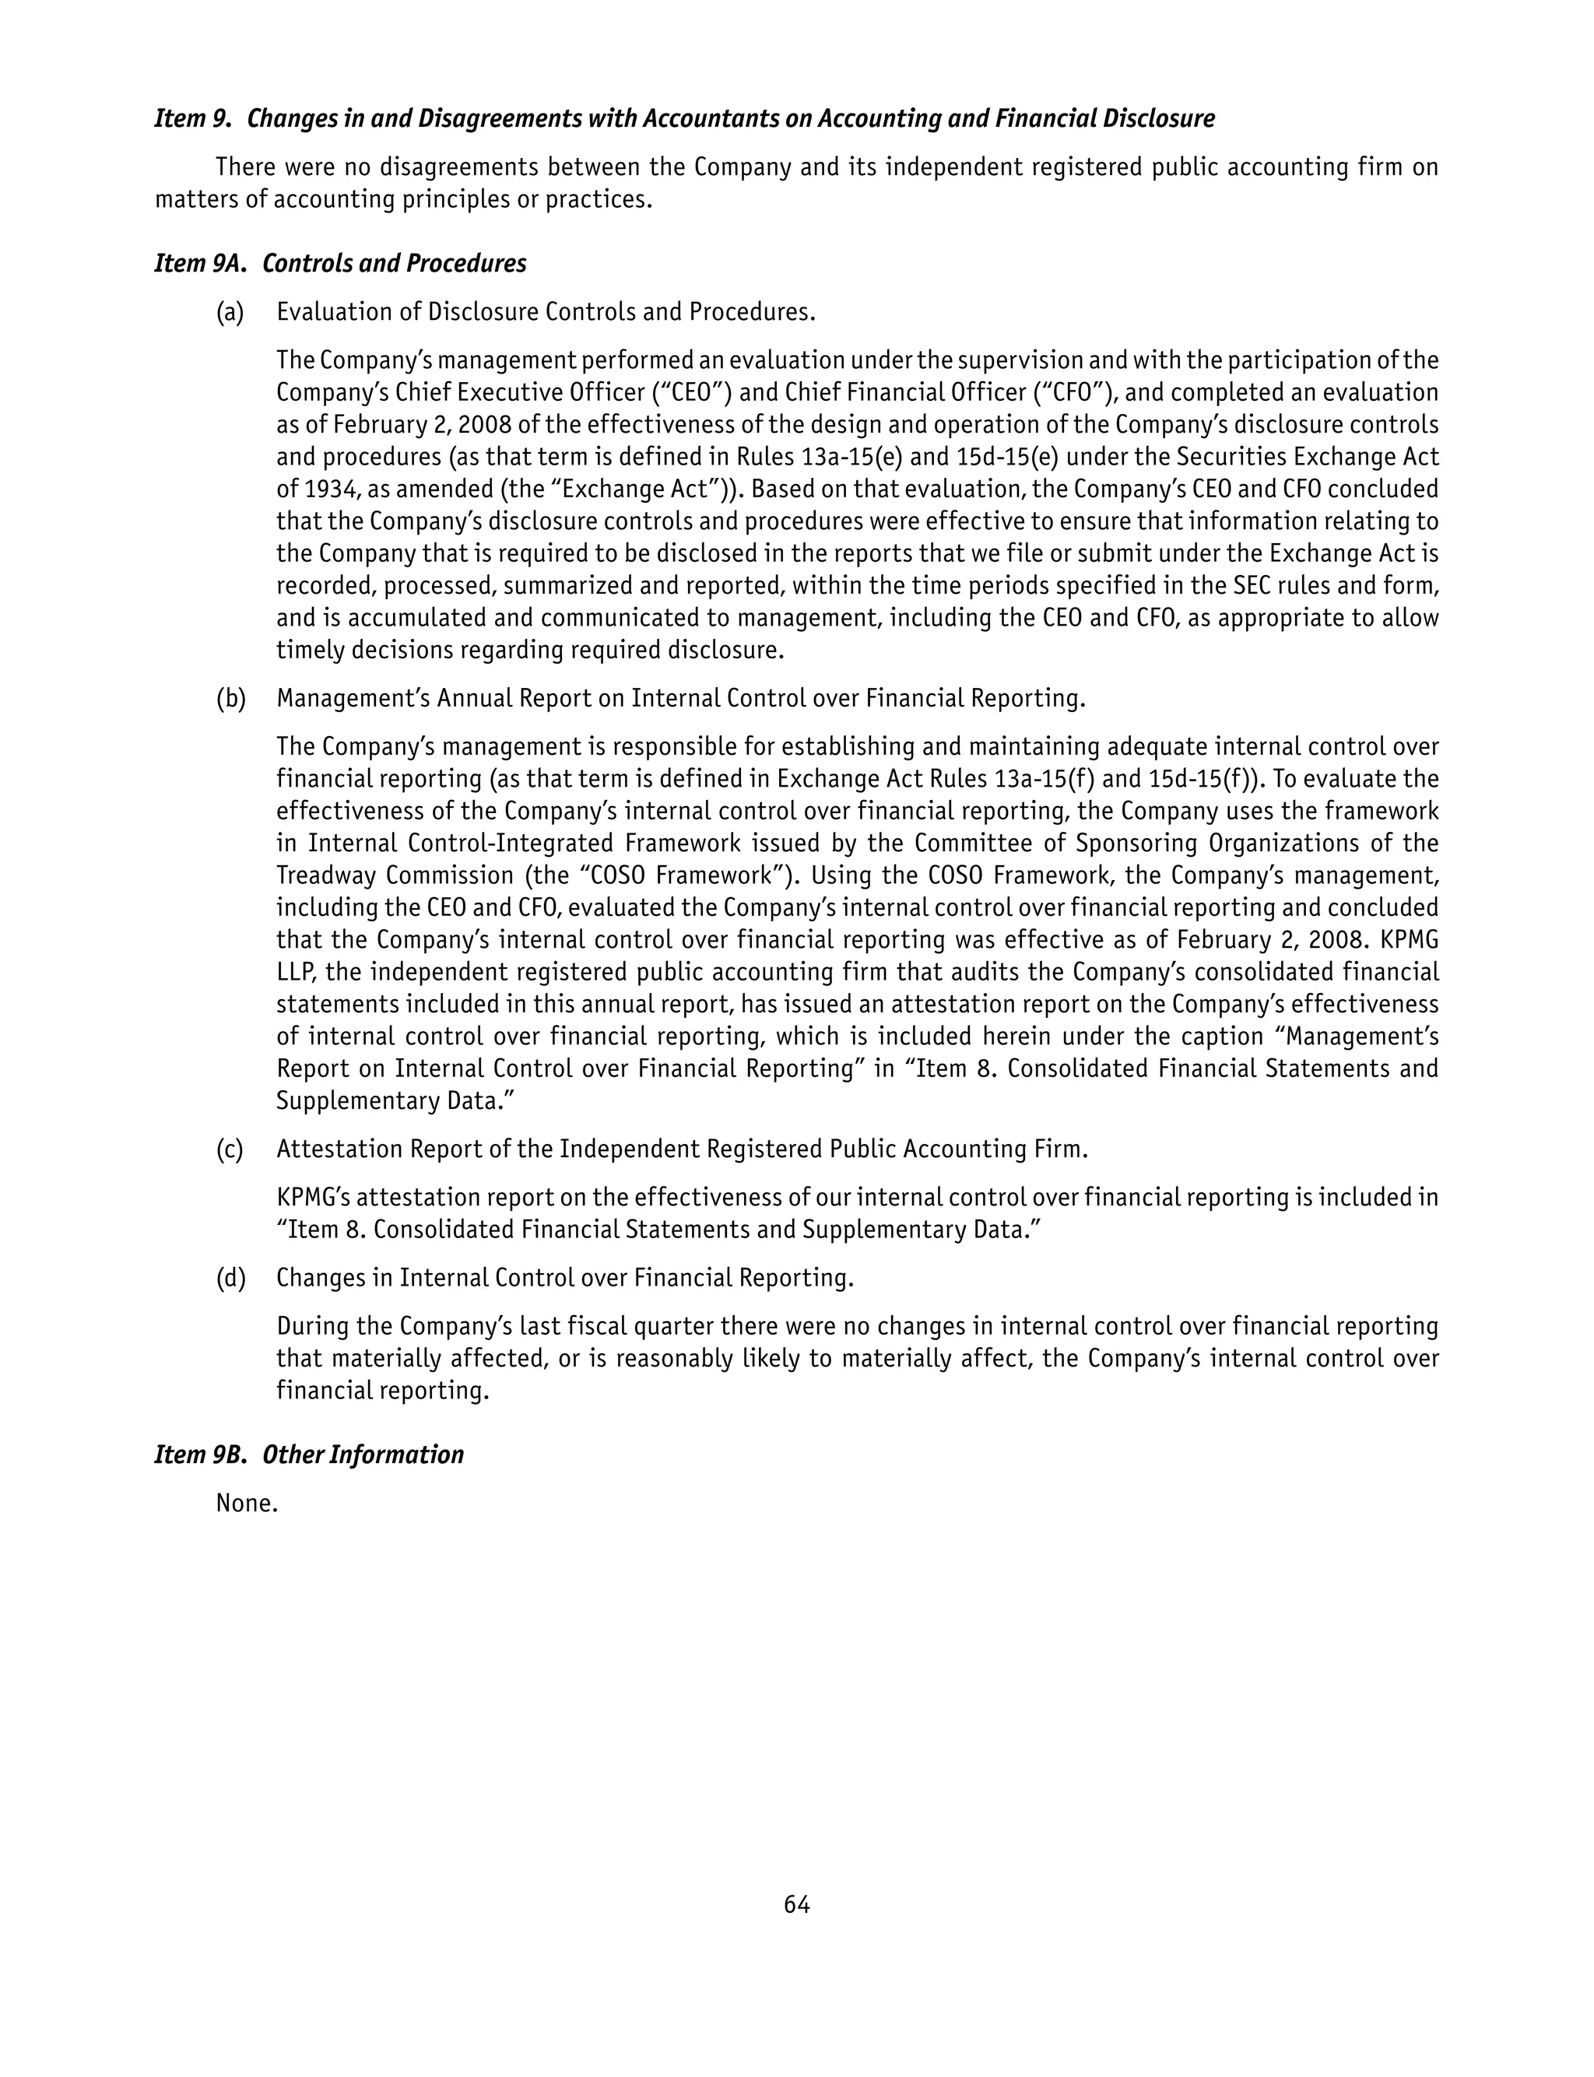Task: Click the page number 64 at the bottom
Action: click(796, 1904)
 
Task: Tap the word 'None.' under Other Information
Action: click(247, 1503)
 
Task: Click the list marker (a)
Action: click(230, 313)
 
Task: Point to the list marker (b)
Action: click(230, 699)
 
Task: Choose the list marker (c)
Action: click(230, 1149)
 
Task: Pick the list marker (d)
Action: click(230, 1279)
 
